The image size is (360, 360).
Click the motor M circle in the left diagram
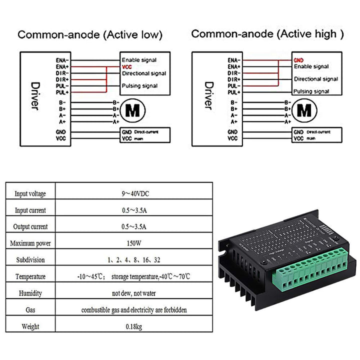[134, 111]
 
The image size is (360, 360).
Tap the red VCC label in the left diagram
[127, 66]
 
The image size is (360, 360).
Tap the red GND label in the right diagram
[298, 59]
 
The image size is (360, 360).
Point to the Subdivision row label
[30, 260]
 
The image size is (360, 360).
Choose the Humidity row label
[30, 293]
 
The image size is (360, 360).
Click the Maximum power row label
[30, 243]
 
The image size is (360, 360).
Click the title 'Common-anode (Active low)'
[90, 35]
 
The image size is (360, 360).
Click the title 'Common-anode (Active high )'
[268, 34]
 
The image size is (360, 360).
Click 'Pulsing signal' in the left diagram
[139, 86]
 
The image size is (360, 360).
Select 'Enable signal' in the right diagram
[311, 66]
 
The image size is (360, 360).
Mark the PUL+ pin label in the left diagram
[62, 92]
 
